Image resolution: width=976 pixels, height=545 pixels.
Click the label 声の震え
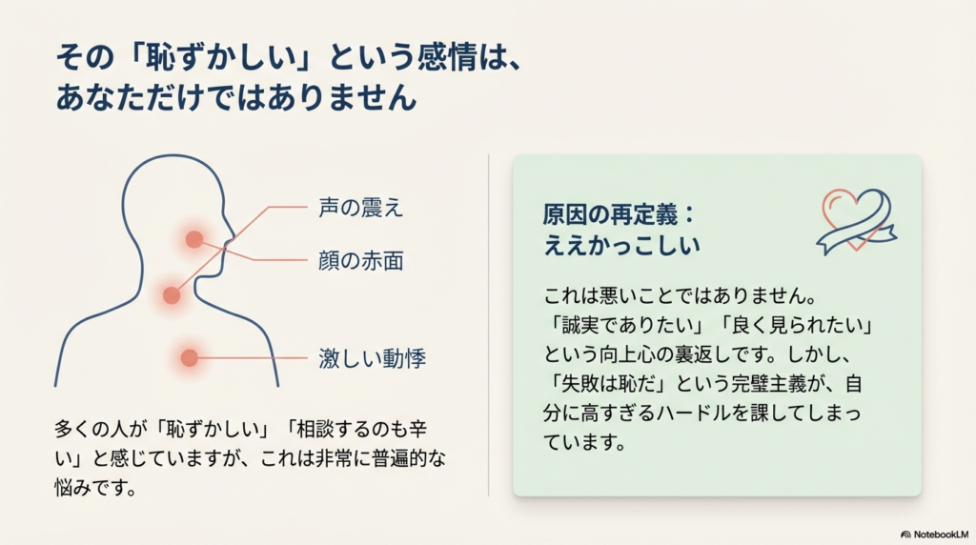point(360,209)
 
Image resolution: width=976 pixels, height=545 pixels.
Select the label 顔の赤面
point(360,260)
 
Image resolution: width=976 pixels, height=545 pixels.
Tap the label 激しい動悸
point(372,359)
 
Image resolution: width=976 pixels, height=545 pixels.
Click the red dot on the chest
point(190,358)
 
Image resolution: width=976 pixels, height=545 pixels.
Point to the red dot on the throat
point(172,295)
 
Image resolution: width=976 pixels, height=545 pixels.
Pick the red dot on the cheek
point(194,239)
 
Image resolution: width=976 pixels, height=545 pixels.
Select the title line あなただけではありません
point(237,97)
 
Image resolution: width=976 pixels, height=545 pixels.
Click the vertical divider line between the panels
point(489,324)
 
